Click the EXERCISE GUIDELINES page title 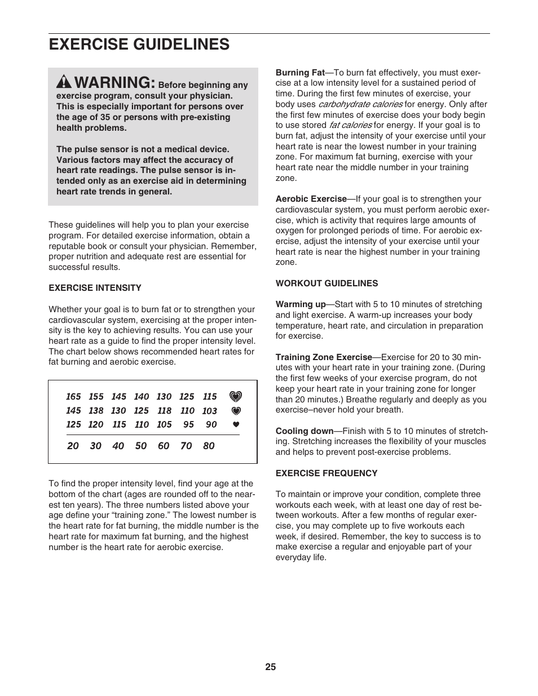[139, 45]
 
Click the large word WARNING [114, 82]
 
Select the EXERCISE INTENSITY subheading [95, 288]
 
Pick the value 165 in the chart [73, 397]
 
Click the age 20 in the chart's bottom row [73, 446]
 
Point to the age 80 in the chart [209, 446]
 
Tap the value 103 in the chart [209, 411]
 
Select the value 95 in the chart [188, 424]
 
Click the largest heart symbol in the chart [236, 397]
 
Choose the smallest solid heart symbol [236, 424]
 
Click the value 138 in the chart [96, 411]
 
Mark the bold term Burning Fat [300, 73]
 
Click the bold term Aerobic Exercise [311, 199]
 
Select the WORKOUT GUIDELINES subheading [327, 283]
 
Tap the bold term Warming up [301, 304]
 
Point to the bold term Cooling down [305, 431]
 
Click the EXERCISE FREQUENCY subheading [327, 473]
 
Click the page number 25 [271, 667]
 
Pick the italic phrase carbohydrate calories [360, 104]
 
